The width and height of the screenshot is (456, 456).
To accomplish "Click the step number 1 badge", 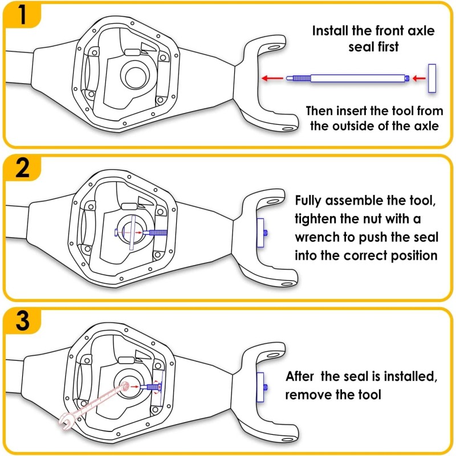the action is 22,15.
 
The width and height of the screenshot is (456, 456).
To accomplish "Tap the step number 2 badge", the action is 22,168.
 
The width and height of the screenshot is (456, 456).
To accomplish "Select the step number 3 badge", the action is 22,321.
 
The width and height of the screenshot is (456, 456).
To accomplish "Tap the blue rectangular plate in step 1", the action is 432,78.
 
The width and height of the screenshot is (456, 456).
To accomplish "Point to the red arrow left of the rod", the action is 272,78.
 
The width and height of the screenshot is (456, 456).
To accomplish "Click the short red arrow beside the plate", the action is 419,78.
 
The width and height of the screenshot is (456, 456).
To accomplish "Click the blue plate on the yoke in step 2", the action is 260,233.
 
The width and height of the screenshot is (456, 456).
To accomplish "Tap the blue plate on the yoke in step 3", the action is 260,387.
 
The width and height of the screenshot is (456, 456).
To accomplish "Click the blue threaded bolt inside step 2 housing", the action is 157,233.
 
